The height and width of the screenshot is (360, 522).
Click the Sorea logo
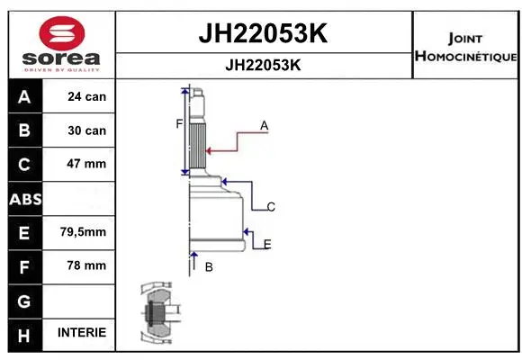(60, 41)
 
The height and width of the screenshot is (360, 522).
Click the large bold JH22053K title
(262, 34)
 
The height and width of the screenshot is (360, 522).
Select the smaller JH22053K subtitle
(262, 65)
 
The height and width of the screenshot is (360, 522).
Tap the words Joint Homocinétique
(465, 48)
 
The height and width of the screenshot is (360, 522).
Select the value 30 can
(87, 130)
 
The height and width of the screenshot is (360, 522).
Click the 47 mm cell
(87, 164)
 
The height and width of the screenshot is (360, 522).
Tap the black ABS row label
(23, 198)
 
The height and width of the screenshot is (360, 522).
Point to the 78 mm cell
(87, 265)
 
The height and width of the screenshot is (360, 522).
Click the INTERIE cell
(82, 332)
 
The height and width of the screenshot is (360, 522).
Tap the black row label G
(23, 299)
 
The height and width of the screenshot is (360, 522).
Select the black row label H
(23, 333)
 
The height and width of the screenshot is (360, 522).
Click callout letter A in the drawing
(265, 126)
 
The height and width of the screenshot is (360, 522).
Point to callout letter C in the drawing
(270, 207)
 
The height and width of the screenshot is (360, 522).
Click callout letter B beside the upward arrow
(209, 266)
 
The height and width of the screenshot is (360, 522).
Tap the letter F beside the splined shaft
(179, 123)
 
